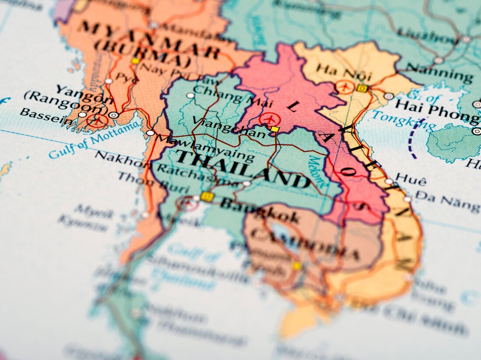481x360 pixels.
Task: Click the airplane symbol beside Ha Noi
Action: (x=345, y=87)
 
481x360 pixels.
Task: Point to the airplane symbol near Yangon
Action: (x=97, y=121)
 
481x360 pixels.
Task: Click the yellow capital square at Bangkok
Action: (x=207, y=197)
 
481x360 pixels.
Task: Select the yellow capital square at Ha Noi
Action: (x=362, y=88)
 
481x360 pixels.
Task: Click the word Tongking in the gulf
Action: (x=404, y=121)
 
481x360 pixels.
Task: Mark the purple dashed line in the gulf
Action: (x=411, y=138)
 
